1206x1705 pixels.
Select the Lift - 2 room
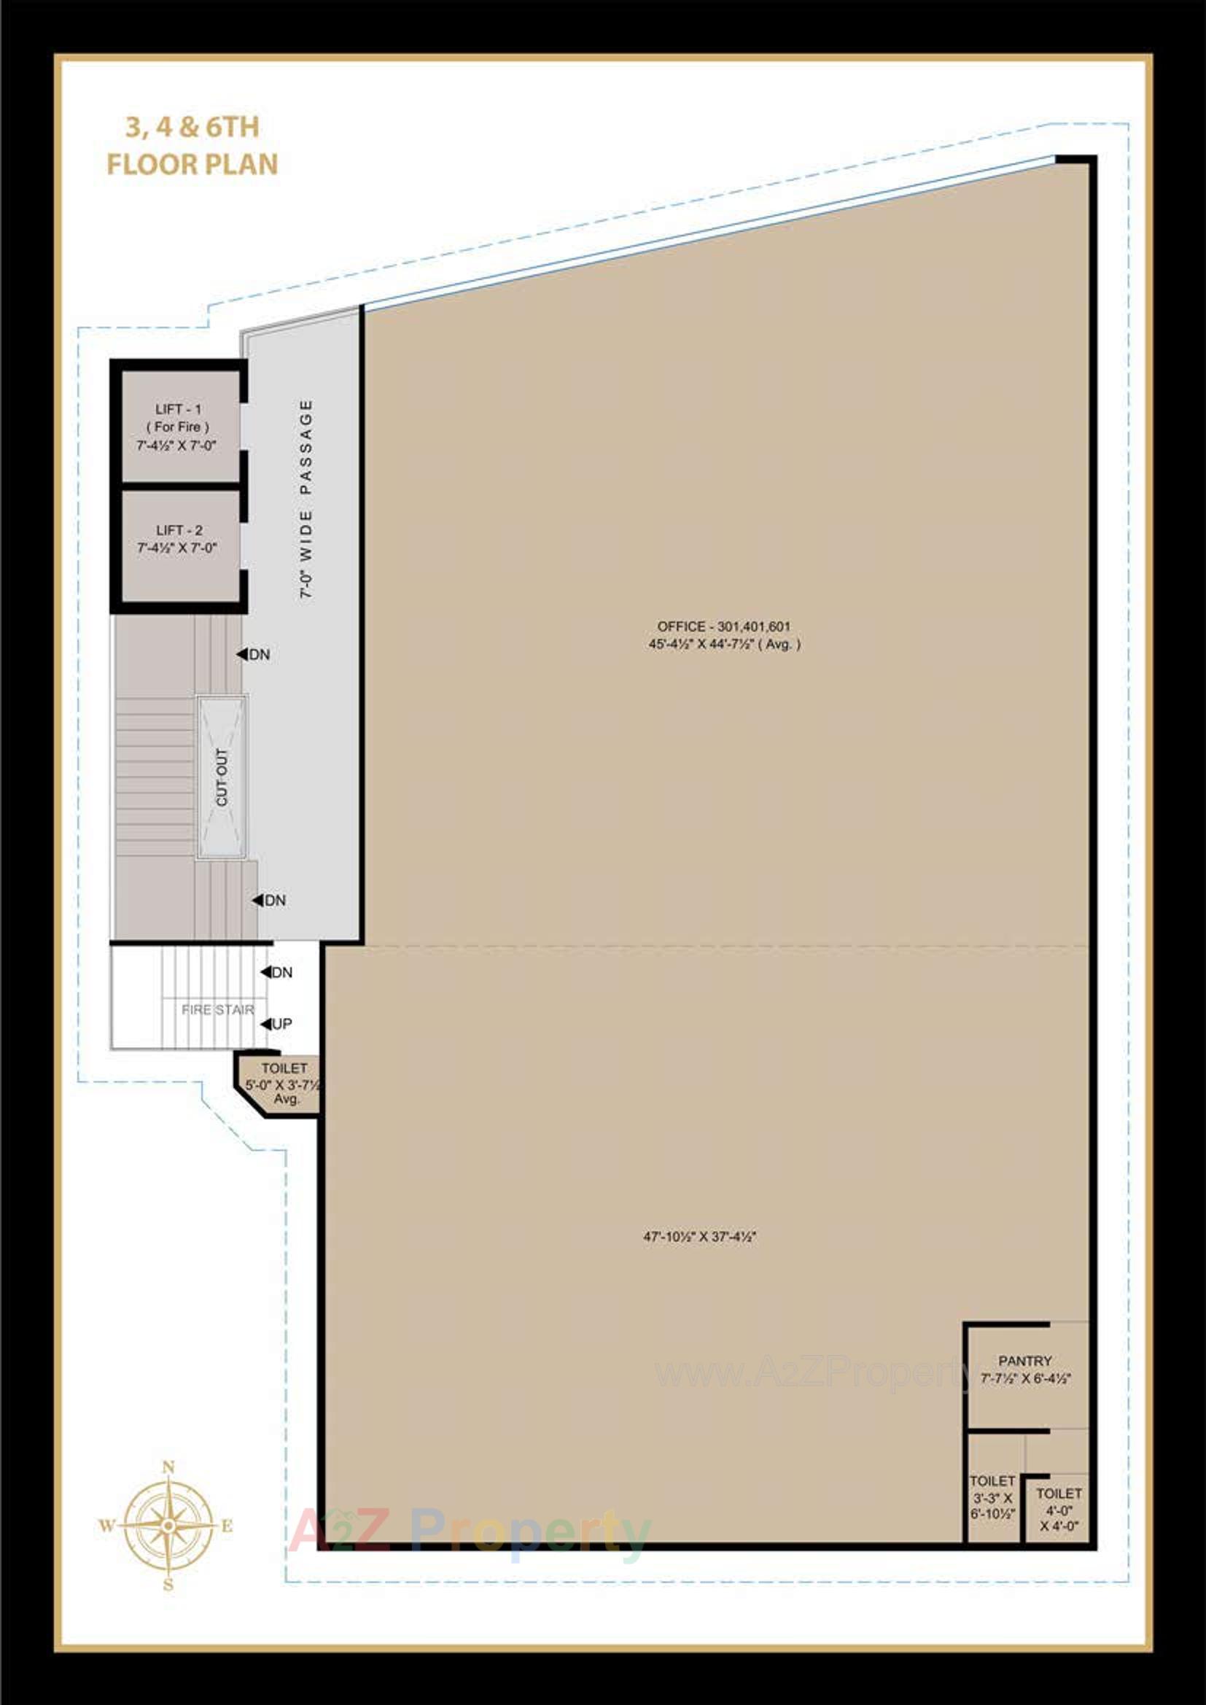(x=178, y=539)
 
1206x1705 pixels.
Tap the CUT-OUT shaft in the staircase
(x=222, y=777)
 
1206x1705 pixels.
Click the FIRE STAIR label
(x=217, y=1010)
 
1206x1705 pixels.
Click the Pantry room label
(x=1024, y=1361)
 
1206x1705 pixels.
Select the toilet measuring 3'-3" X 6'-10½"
(x=992, y=1497)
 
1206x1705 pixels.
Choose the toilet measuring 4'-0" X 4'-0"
(x=1059, y=1509)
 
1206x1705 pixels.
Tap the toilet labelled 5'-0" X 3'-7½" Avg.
(x=284, y=1083)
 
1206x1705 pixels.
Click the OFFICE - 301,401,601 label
(x=723, y=626)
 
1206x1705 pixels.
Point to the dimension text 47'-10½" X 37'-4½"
(x=699, y=1236)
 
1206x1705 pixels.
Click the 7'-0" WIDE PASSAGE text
(x=306, y=499)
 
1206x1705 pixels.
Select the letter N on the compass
(x=168, y=1467)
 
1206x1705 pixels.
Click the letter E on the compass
(x=227, y=1527)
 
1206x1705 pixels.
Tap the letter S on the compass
(x=168, y=1585)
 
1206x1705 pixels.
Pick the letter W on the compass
(x=107, y=1527)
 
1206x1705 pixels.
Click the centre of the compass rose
(x=168, y=1526)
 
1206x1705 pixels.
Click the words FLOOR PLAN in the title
(x=192, y=164)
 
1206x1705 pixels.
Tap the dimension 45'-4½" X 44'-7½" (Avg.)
(x=724, y=645)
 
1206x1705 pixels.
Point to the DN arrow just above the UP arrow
(x=266, y=972)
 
